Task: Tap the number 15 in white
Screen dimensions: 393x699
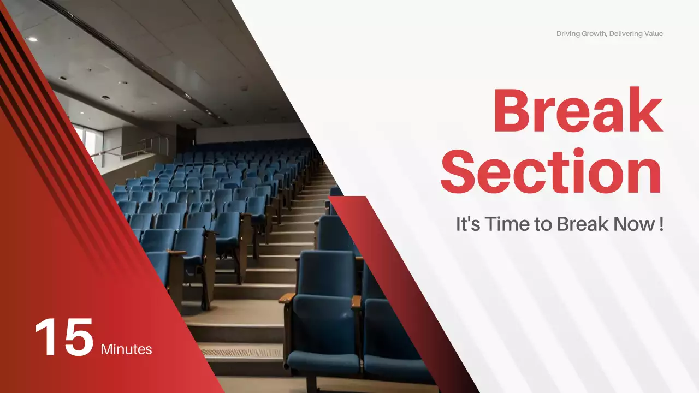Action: (x=64, y=337)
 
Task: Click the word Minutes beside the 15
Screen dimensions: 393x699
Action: (x=127, y=349)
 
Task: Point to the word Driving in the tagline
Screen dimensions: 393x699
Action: (x=568, y=34)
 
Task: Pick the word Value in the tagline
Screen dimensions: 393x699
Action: (x=654, y=34)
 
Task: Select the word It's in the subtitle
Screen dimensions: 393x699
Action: (x=467, y=224)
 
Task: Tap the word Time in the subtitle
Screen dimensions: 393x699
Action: (x=502, y=224)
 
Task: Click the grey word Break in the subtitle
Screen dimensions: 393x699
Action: (x=579, y=224)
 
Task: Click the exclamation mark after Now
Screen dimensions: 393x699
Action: (x=661, y=224)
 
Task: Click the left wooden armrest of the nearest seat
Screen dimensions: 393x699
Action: (x=287, y=298)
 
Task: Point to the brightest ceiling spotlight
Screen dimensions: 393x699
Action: (x=32, y=39)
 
